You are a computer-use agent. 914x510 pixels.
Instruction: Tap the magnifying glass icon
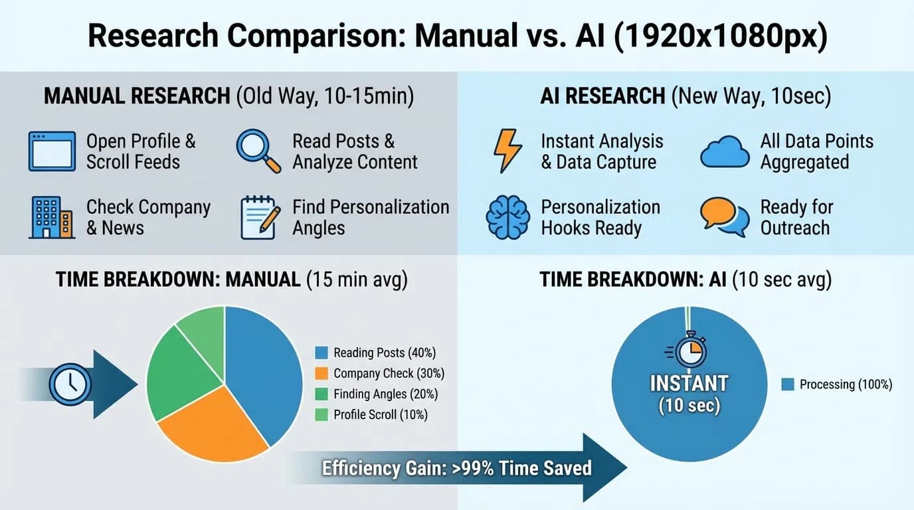tap(258, 151)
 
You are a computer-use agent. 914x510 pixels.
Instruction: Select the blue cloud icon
tap(725, 151)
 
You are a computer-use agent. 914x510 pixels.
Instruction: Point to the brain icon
tap(507, 217)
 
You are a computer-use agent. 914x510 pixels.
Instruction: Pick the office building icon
tap(51, 217)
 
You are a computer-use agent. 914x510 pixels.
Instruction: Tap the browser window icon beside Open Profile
tap(51, 151)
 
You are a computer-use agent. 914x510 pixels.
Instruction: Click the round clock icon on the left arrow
tap(70, 384)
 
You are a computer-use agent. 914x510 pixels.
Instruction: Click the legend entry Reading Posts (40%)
tap(377, 353)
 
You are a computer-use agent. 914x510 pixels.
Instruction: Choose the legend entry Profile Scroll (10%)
tap(373, 415)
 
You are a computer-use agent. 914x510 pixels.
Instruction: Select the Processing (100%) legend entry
tap(837, 384)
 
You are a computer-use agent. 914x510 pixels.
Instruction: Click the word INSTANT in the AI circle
tap(689, 383)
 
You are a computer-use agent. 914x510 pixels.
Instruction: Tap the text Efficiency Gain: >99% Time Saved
tap(456, 468)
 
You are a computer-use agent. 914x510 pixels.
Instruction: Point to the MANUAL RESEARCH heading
tap(136, 96)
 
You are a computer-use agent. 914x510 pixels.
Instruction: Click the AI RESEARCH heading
tap(602, 96)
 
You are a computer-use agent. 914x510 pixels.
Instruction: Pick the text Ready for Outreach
tap(796, 218)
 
